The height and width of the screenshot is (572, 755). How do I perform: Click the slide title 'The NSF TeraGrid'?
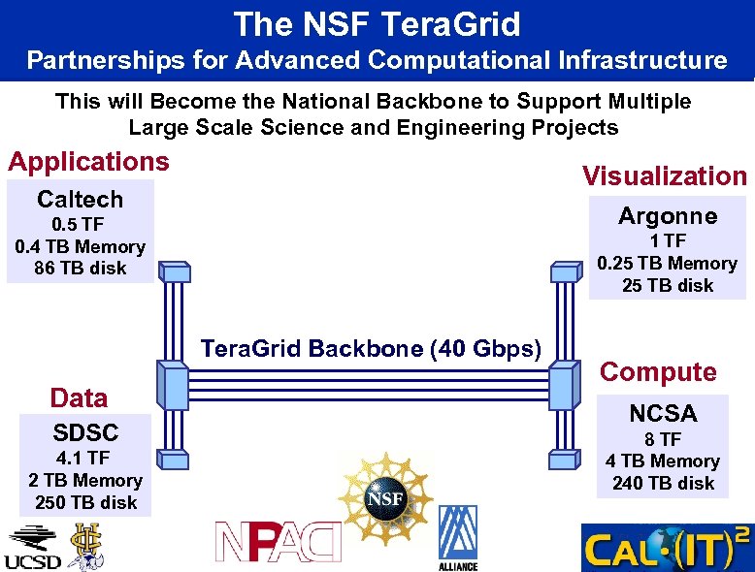[377, 23]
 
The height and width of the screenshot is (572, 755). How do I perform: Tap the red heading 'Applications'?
[88, 161]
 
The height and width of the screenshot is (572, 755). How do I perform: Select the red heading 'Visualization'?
[664, 175]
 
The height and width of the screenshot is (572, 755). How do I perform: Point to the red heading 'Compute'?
[658, 371]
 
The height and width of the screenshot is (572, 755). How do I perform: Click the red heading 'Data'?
[79, 397]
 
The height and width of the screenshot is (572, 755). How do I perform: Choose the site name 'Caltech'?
[80, 200]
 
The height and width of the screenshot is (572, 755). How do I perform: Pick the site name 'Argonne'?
[668, 216]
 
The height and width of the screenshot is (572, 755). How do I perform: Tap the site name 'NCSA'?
[663, 414]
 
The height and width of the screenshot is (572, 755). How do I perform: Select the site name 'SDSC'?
[85, 432]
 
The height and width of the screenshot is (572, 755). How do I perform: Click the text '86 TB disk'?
[80, 269]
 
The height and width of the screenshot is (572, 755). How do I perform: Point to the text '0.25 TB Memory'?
[668, 263]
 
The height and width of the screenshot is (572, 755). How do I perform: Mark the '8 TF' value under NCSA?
[663, 439]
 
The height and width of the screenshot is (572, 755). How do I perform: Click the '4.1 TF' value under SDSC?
[85, 458]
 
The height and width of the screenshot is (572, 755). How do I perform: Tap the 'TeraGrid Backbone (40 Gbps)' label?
[371, 349]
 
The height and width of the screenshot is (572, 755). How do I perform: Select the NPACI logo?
[279, 541]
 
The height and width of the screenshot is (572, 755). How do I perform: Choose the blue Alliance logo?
[457, 537]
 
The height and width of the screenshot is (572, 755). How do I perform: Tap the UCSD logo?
[32, 547]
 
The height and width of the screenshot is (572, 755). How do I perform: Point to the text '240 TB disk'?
[663, 483]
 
